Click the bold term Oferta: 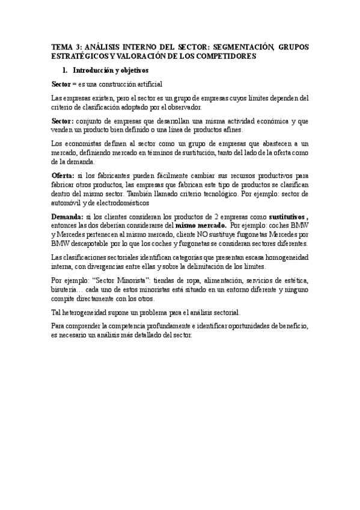(x=63, y=176)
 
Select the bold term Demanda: (x=68, y=216)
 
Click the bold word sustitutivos (x=287, y=216)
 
